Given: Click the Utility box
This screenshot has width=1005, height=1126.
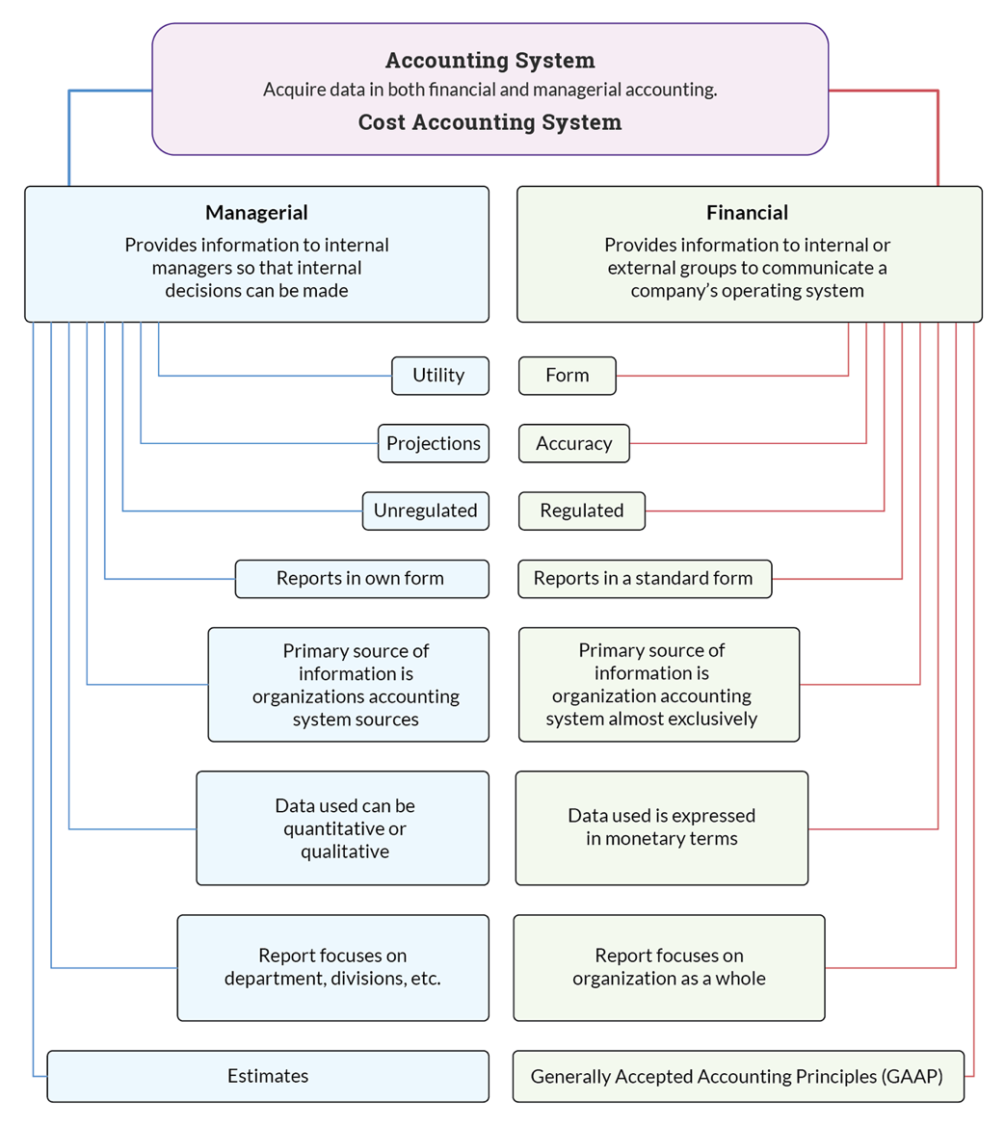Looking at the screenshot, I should [x=439, y=376].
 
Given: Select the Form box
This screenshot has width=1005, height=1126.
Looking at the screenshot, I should [x=567, y=376].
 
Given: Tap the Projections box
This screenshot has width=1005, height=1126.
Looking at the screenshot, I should [x=434, y=443].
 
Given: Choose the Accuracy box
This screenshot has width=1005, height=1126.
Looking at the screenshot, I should [x=574, y=443].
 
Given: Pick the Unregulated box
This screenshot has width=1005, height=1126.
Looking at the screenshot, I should [x=425, y=511].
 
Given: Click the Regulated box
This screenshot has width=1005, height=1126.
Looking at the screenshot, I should [x=582, y=511].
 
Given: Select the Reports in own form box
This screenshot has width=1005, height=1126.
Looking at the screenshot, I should [x=360, y=579].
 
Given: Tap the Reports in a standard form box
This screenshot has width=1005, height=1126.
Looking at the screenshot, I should [x=644, y=579].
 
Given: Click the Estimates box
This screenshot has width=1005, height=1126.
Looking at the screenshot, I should [x=268, y=1076].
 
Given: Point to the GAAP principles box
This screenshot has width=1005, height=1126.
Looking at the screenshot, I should [x=737, y=1076].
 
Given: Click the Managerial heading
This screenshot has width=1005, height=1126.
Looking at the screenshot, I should [x=256, y=213].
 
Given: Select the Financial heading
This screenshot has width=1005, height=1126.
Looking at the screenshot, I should [x=747, y=213].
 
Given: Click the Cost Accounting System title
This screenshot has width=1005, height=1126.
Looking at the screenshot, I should [x=489, y=122].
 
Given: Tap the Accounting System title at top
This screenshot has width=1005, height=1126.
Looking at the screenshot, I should [x=489, y=61].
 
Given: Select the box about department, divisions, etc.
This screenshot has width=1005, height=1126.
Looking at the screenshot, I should [x=332, y=967].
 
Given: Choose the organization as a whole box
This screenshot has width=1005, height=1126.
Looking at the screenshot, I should [x=669, y=967].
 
